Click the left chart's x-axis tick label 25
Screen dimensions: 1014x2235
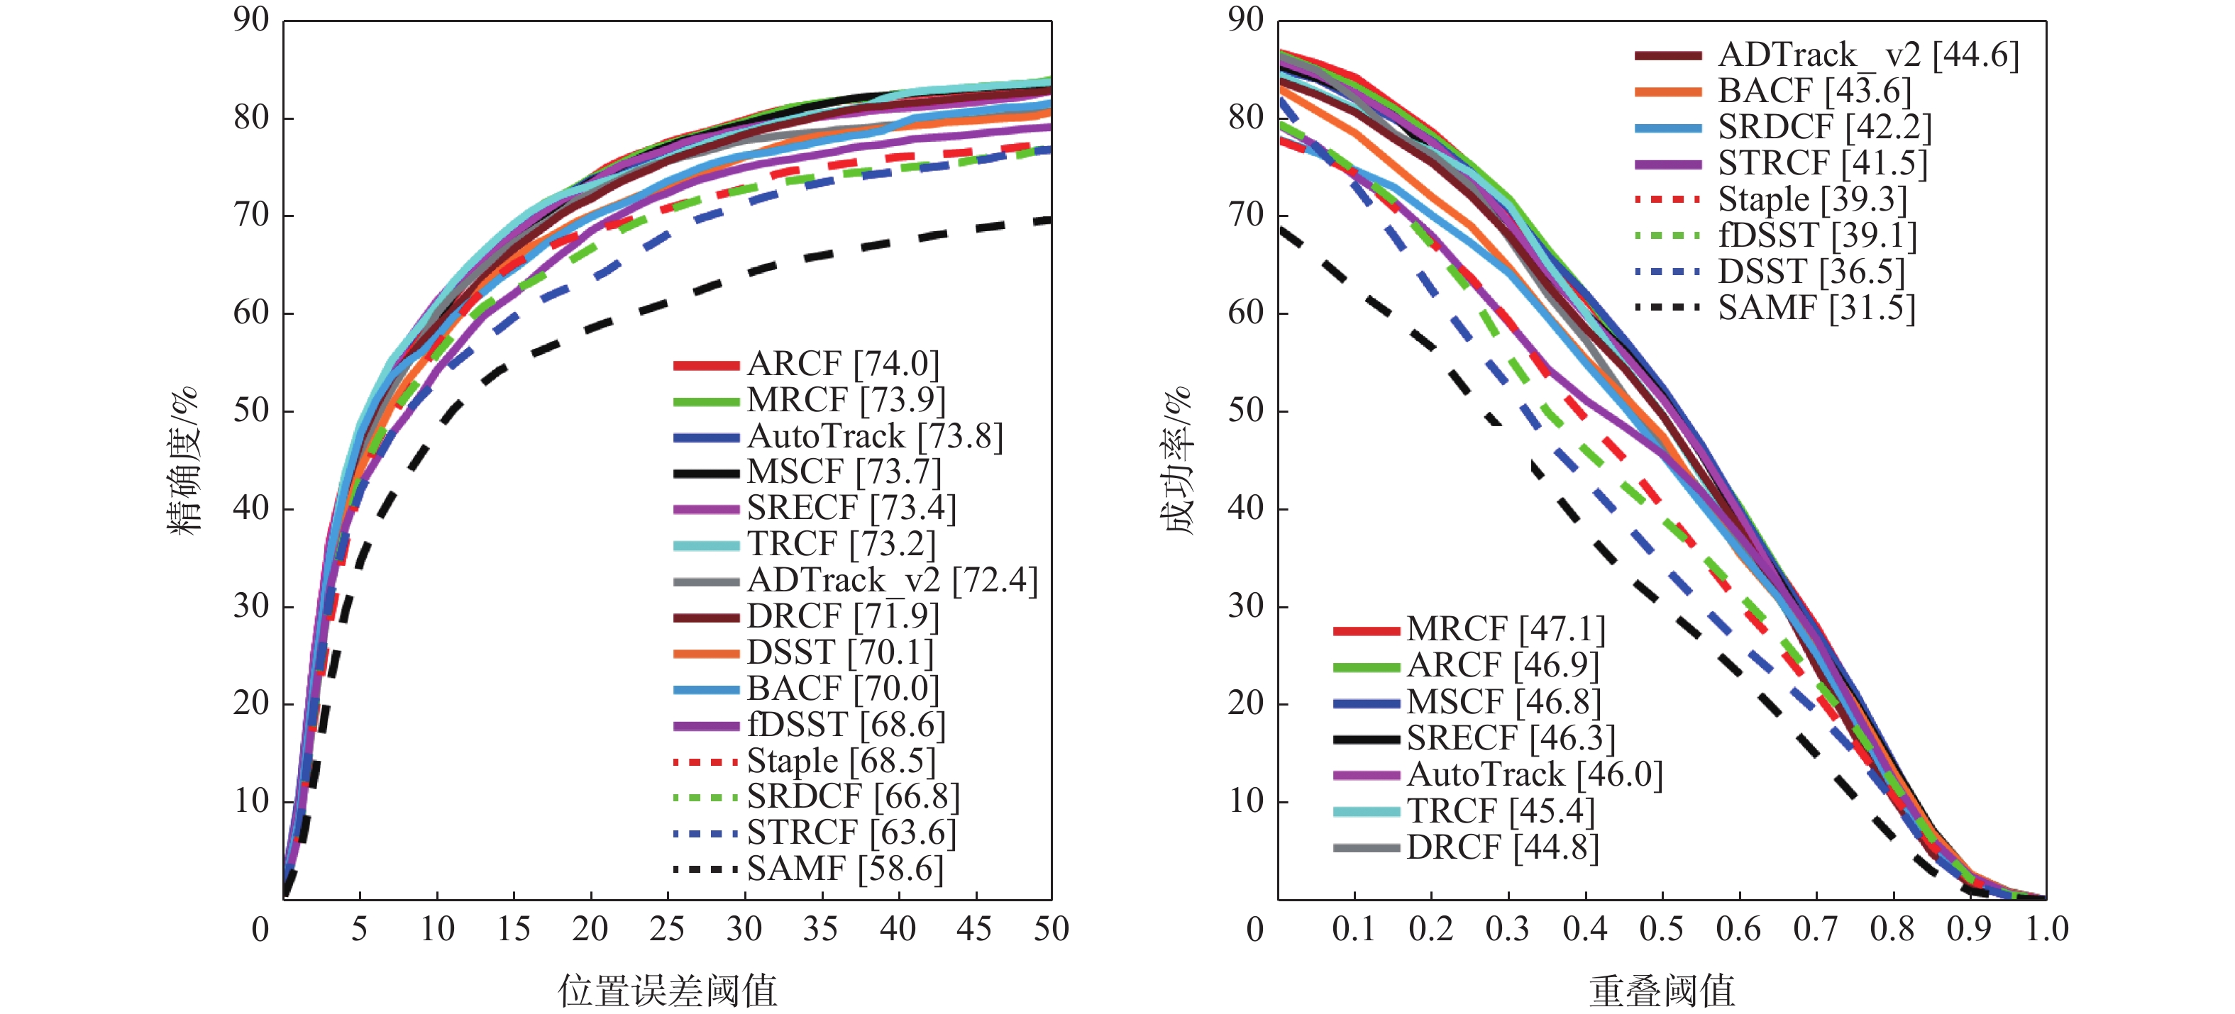666,929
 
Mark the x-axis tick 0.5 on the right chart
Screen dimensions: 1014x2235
1662,929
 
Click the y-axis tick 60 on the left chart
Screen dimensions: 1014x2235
252,312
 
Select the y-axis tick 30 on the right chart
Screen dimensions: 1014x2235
1246,606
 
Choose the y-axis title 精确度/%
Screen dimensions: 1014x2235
183,459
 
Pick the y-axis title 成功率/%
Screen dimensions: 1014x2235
1176,459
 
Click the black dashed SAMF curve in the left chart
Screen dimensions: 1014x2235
746,275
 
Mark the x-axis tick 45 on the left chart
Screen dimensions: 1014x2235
974,929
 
